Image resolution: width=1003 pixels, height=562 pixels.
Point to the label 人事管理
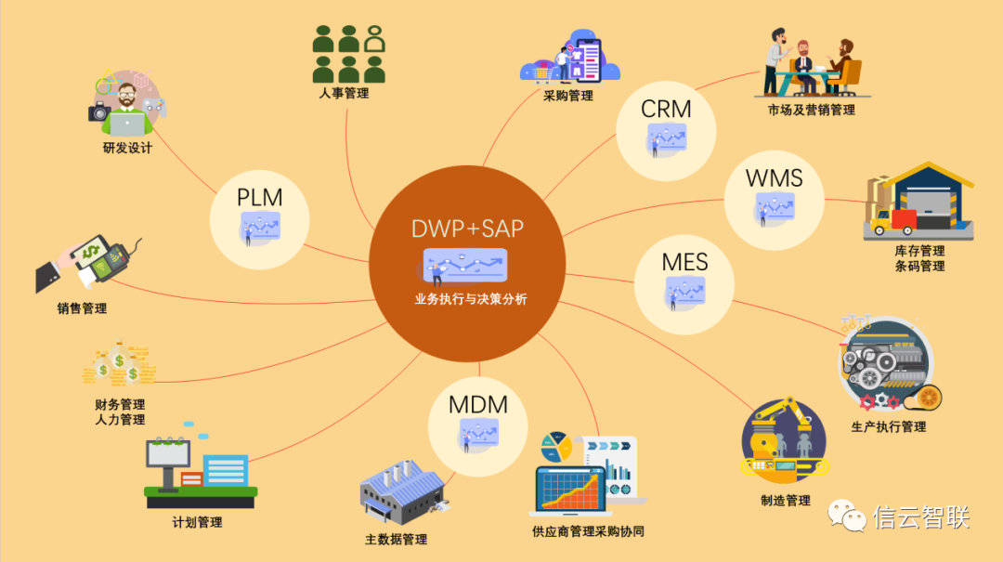(344, 93)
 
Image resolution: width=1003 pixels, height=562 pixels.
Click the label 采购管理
(568, 96)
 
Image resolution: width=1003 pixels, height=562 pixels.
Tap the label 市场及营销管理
(811, 111)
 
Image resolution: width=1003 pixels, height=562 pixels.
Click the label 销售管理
(82, 308)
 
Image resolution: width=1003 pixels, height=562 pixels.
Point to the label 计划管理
(198, 522)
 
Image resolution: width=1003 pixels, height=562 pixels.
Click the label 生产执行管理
(889, 426)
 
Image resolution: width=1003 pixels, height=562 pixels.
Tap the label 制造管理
(785, 501)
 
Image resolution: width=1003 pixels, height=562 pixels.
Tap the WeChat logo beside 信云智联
(846, 516)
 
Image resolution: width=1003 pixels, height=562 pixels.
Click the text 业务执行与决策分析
(472, 299)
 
